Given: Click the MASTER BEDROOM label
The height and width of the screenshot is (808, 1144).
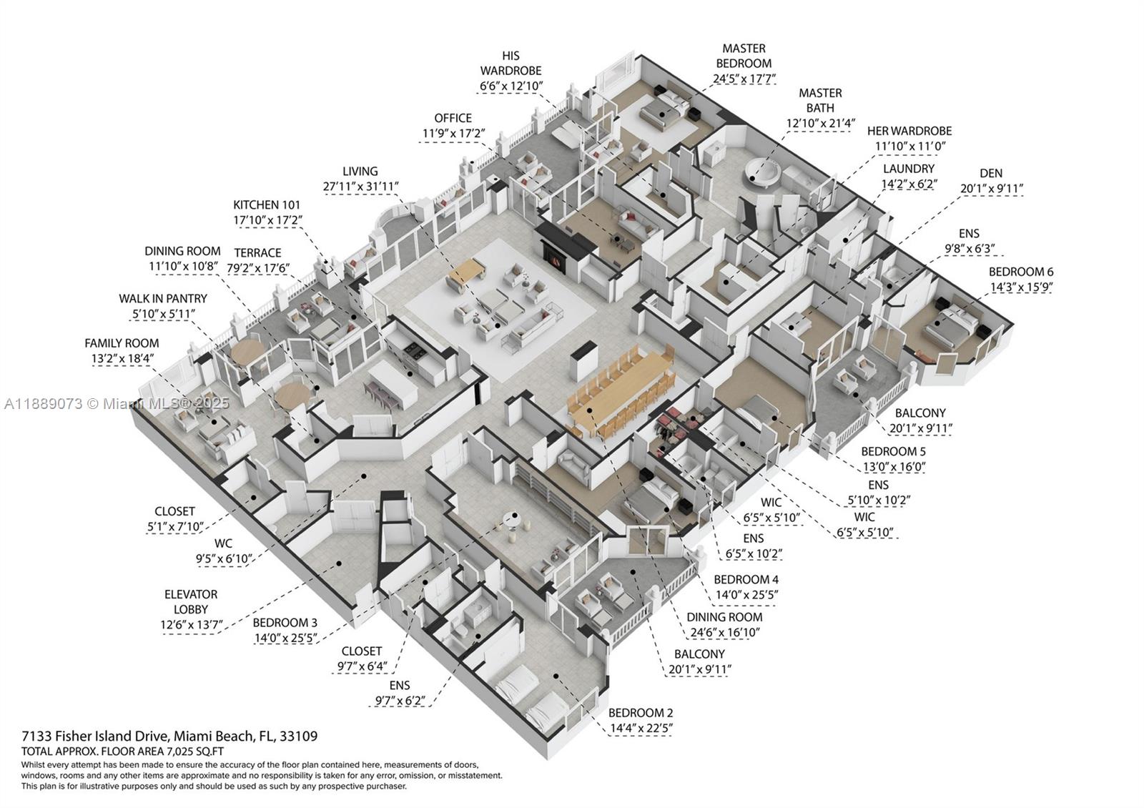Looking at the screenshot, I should pos(744,56).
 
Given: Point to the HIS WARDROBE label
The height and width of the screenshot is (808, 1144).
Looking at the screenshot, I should pos(511,63).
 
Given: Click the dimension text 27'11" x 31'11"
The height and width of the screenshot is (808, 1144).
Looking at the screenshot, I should pos(360,187).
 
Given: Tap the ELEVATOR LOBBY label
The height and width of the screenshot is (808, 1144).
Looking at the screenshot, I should pos(191,601).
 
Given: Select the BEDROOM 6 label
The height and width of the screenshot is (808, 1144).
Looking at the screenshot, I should pos(1020,272).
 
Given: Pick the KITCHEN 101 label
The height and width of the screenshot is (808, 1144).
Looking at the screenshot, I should pos(267,205).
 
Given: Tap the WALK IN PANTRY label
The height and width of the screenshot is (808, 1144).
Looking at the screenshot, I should pos(163,298).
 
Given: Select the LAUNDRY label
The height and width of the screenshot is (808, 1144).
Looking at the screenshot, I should pos(908,169).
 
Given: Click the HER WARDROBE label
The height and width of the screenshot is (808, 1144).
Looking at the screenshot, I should pos(909,131).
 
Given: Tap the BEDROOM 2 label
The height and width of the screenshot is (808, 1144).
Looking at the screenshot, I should pos(640,713).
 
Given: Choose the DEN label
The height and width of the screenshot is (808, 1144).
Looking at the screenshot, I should pos(991,173).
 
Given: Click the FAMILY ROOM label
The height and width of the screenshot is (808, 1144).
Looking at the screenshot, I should pos(122,343).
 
